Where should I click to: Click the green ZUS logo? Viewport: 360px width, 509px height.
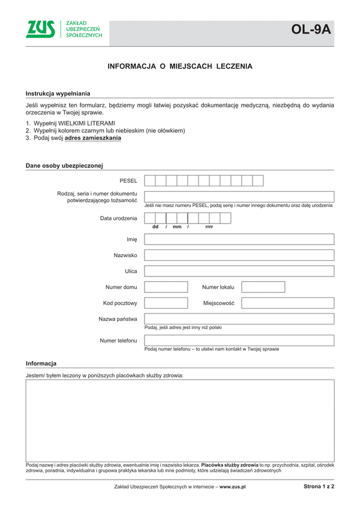click(x=41, y=29)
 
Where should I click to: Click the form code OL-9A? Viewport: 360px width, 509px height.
click(x=311, y=29)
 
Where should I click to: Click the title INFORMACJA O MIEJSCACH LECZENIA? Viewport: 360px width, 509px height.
click(x=179, y=67)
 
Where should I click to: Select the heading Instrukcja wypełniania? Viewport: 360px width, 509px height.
click(x=58, y=94)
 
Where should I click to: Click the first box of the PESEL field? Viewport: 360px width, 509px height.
click(x=150, y=180)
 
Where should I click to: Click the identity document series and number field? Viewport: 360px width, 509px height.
click(x=239, y=197)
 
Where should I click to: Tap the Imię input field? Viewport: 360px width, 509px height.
click(x=239, y=239)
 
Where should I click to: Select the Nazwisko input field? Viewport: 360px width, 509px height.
click(x=239, y=255)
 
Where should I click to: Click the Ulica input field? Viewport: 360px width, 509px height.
click(x=239, y=271)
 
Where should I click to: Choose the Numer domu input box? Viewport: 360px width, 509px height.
click(x=166, y=287)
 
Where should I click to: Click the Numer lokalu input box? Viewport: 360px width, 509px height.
click(x=263, y=287)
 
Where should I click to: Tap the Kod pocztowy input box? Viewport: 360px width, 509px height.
click(x=166, y=303)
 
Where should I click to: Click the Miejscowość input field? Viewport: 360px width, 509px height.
click(x=287, y=303)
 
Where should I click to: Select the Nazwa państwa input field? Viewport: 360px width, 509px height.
click(x=239, y=319)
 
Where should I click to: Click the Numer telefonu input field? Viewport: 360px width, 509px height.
click(x=239, y=341)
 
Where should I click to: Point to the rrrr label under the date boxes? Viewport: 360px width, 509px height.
click(x=209, y=227)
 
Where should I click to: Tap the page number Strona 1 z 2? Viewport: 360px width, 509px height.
click(x=319, y=487)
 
